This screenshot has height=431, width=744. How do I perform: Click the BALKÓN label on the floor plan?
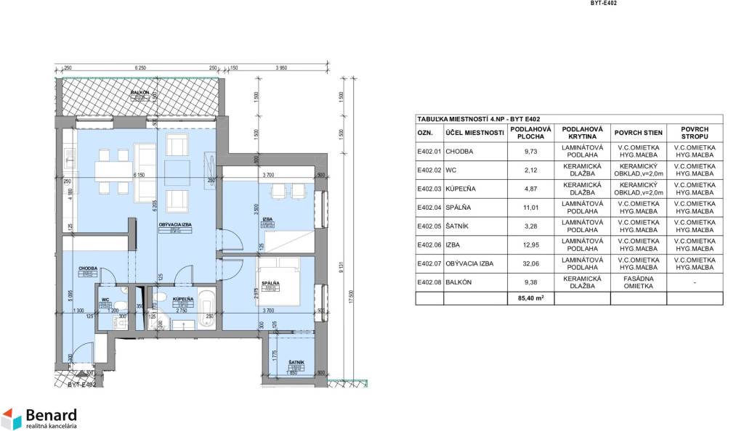140,93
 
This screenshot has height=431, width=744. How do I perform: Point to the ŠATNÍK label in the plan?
295,362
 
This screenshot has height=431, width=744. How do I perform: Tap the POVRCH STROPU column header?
695,133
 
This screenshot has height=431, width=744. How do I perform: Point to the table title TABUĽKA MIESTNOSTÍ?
476,119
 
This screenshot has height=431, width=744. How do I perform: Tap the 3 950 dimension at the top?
282,68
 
